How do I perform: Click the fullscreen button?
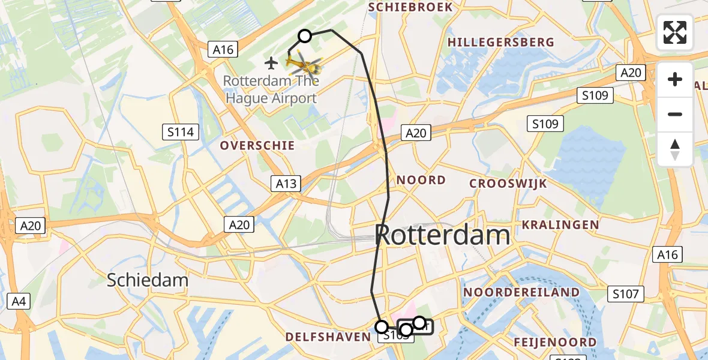tap(675, 32)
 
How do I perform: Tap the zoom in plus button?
tap(675, 79)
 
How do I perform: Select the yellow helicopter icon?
tap(302, 63)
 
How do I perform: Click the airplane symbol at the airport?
tap(271, 62)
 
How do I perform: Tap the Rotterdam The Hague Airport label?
tap(271, 89)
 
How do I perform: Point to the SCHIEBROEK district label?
tap(410, 7)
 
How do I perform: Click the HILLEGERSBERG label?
tap(501, 42)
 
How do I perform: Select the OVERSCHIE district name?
tap(257, 145)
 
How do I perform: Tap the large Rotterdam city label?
tap(443, 235)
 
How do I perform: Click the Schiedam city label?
tap(148, 280)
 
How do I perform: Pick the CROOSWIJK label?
tap(508, 184)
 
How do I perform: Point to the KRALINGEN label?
tap(560, 225)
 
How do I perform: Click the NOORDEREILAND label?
tap(521, 292)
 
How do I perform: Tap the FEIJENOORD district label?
tap(555, 343)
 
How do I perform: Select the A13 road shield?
tap(286, 184)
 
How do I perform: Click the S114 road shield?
tap(181, 131)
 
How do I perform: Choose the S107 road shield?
tap(626, 294)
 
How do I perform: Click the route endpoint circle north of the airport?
tap(305, 36)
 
